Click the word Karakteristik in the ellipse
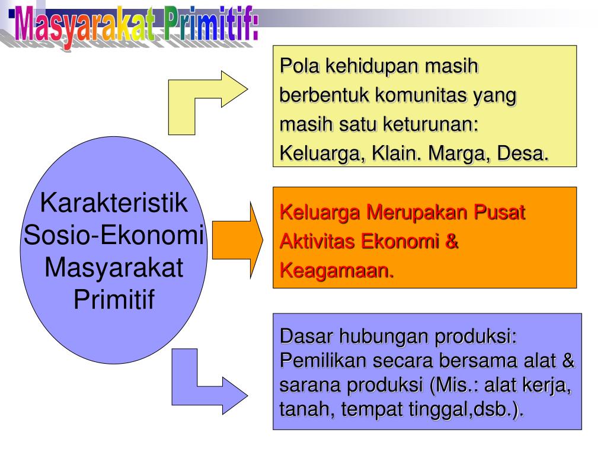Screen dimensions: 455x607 click(114, 204)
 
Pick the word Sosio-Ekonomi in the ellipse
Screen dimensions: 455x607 click(113, 236)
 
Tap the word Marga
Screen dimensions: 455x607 click(456, 154)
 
